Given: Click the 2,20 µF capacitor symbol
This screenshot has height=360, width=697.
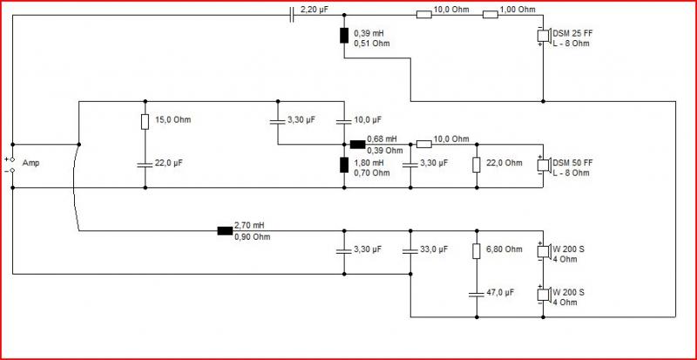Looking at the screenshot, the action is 292,15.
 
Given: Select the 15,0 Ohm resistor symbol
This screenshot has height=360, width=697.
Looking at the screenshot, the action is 145,121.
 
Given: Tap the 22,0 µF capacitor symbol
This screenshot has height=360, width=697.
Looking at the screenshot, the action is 145,165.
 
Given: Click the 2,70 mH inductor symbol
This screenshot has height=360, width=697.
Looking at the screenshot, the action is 225,230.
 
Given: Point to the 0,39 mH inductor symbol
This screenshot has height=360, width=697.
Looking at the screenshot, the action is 344,36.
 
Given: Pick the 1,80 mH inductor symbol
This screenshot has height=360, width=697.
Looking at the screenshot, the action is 344,165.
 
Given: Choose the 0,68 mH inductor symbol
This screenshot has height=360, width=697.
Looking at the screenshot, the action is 357,144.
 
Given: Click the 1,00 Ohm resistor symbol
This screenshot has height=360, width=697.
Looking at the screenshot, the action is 491,15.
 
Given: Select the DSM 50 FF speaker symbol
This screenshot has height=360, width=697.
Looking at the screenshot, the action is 544,165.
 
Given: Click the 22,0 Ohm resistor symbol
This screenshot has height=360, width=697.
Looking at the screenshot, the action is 477,165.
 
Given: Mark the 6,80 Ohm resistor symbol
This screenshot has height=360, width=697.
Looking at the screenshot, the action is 477,251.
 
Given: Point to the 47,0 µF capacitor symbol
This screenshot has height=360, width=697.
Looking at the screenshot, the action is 477,295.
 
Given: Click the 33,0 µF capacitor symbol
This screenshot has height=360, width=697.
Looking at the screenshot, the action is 410,251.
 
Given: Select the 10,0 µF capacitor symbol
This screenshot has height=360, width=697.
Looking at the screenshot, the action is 344,121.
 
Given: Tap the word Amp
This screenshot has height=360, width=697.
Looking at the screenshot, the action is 30,163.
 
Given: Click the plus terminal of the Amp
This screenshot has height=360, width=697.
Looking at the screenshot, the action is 12,159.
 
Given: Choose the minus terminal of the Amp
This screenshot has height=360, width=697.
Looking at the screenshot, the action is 12,171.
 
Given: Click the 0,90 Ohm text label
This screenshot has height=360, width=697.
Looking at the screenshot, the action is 252,237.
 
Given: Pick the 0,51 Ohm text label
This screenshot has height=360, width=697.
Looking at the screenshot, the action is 372,44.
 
